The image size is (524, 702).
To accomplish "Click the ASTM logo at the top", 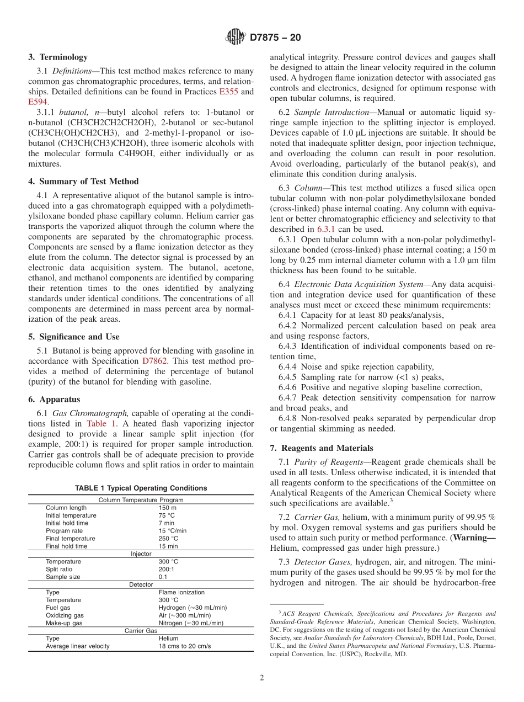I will tap(236, 38).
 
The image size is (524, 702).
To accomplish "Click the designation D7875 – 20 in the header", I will tap(275, 38).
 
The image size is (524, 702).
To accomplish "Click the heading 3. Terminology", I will tap(58, 57).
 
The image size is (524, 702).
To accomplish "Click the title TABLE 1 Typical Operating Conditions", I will tap(141, 488).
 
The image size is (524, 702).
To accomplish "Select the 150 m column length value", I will tap(168, 508).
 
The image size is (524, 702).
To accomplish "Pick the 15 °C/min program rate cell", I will tap(173, 531).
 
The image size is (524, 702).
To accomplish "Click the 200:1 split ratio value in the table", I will tap(167, 569).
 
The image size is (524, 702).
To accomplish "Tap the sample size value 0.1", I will tap(163, 577).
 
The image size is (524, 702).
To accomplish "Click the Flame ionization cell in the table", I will tap(181, 592).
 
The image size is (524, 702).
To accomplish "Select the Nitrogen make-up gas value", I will tap(191, 623).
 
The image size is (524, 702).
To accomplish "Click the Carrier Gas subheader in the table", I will tap(141, 630).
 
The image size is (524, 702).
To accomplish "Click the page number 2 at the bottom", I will tap(262, 678).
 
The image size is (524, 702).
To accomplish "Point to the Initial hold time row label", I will tap(67, 523).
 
